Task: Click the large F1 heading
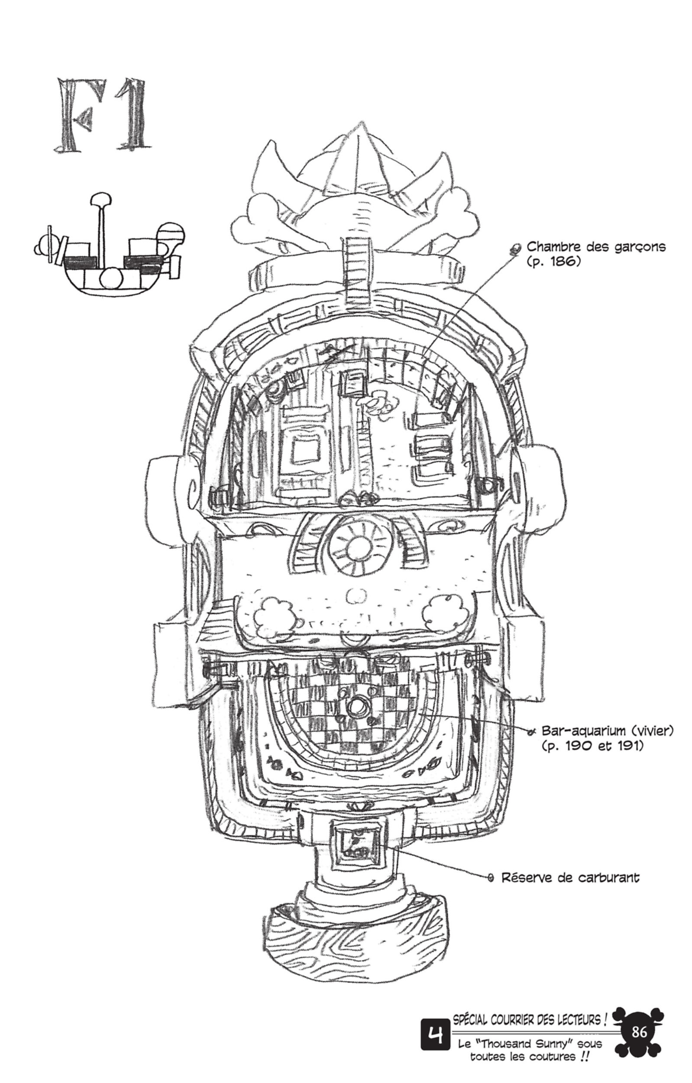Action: tap(102, 116)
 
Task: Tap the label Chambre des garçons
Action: tap(596, 247)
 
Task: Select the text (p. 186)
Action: tap(553, 262)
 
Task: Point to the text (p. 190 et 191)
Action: tap(592, 746)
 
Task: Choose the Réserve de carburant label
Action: tap(570, 877)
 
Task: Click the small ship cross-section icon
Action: tap(109, 245)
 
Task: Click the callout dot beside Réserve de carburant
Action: tap(491, 877)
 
